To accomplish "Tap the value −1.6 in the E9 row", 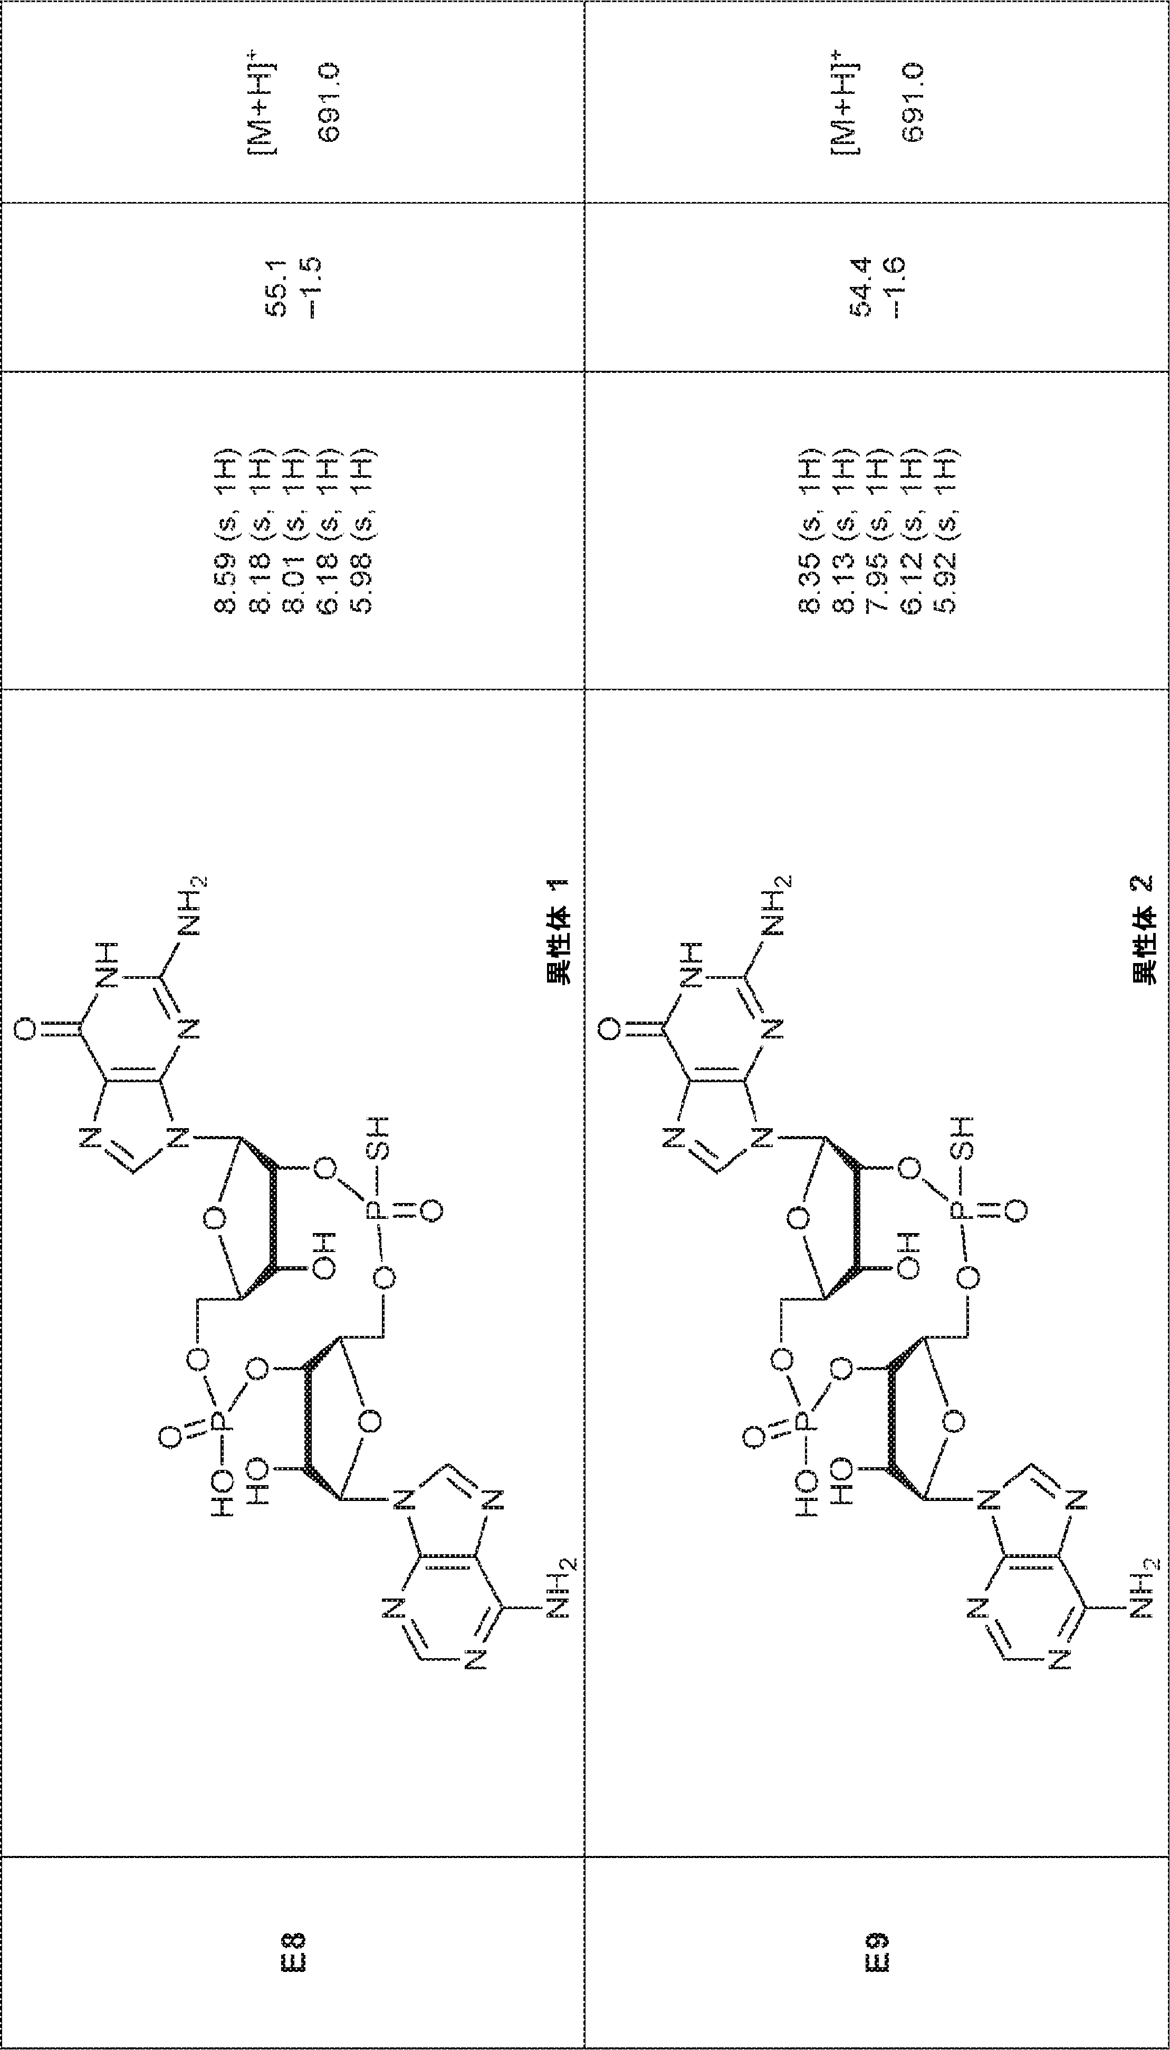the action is click(x=895, y=287).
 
